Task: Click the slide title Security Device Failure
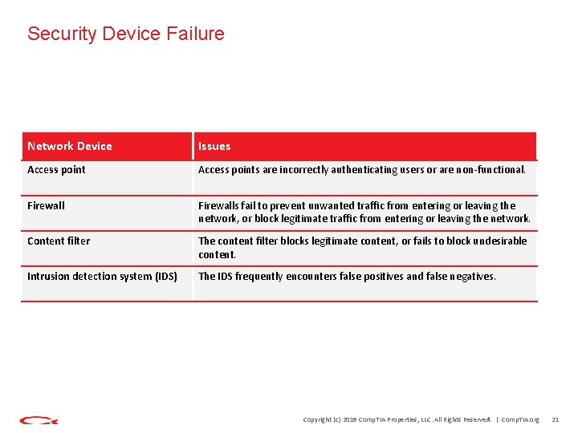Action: (126, 34)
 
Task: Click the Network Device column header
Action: (70, 146)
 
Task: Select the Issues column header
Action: (214, 146)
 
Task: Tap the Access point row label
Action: (56, 170)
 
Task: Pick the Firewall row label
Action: (46, 205)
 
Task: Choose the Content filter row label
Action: (59, 241)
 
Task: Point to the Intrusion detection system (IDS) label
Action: (102, 277)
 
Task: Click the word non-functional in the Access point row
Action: (490, 170)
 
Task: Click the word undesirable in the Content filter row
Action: (498, 241)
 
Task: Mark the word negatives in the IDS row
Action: (466, 277)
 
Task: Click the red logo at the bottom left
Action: (39, 419)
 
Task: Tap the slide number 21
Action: (555, 419)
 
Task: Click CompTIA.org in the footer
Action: (519, 419)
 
